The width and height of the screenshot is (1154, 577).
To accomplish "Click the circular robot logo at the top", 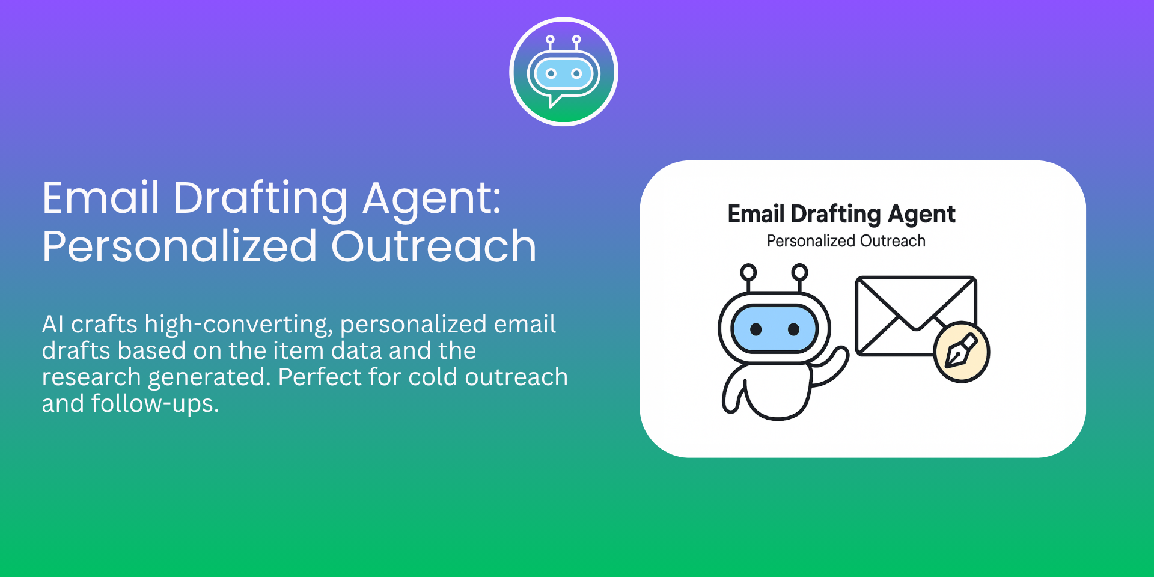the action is click(564, 72).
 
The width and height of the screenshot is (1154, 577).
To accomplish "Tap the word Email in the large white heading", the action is click(101, 198).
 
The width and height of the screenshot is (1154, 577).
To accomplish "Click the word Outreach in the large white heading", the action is click(433, 246).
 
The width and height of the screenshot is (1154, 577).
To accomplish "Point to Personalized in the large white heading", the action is click(180, 246).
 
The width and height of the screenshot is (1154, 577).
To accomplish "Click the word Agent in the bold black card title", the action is click(922, 215).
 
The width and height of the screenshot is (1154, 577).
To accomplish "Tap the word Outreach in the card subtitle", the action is click(893, 241).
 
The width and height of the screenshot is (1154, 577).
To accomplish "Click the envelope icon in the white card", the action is click(915, 316).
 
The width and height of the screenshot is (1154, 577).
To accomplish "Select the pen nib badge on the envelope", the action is click(962, 352).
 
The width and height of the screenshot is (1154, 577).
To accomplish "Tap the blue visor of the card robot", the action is click(775, 329).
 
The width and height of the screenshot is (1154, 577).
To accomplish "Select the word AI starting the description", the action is click(53, 325).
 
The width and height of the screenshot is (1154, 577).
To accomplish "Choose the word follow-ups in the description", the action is click(155, 405).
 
